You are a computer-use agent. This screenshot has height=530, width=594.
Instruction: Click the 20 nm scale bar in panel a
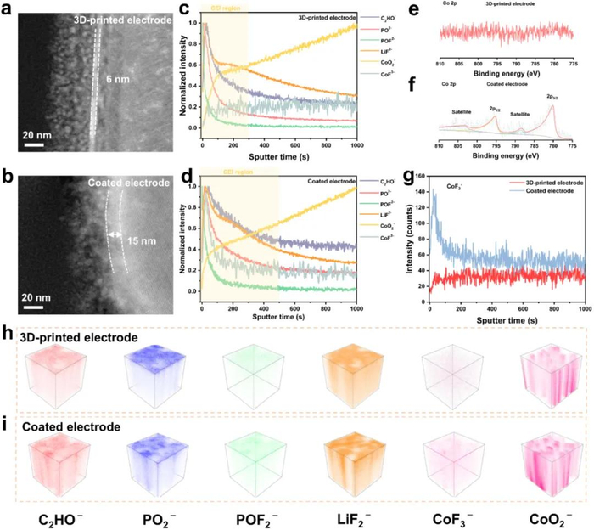tap(32, 141)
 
